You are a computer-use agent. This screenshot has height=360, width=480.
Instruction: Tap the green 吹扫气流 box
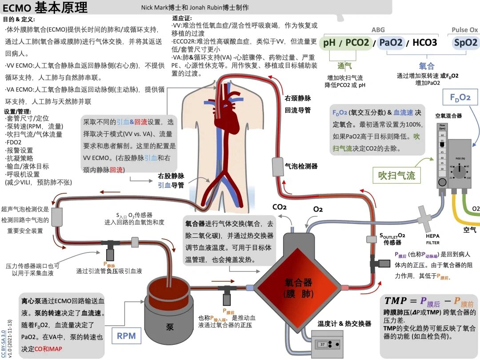[397, 175]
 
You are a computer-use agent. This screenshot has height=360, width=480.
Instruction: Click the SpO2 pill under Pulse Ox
[465, 43]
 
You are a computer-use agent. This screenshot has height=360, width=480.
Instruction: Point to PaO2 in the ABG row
[391, 43]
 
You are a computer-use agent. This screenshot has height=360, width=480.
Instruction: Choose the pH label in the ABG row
[329, 43]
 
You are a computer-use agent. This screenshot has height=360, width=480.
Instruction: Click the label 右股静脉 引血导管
[171, 180]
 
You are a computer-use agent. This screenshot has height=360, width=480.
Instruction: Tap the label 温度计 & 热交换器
[344, 324]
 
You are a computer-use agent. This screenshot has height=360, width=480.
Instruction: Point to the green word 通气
[344, 66]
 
